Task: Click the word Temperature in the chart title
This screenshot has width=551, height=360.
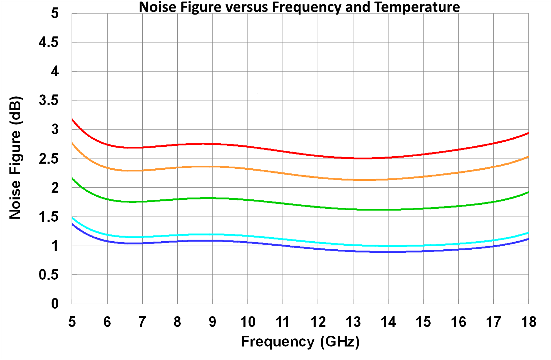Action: tap(417, 7)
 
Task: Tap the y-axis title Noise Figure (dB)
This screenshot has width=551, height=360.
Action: tap(16, 158)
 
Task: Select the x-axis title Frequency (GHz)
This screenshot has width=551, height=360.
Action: tap(300, 341)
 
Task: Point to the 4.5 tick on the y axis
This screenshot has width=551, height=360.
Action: tap(48, 43)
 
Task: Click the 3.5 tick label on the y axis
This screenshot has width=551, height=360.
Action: tap(48, 100)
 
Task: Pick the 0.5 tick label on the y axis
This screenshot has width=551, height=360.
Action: tap(48, 275)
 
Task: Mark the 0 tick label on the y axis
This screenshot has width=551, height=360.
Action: tap(55, 304)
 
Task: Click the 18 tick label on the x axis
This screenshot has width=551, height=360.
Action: tap(528, 322)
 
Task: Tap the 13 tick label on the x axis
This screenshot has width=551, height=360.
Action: tap(353, 322)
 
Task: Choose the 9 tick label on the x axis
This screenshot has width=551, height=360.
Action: tap(212, 322)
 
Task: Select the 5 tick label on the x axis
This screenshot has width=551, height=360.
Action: tap(72, 322)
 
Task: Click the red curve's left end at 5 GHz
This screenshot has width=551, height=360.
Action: tap(72, 119)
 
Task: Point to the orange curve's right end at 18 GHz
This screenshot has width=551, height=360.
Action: tap(528, 157)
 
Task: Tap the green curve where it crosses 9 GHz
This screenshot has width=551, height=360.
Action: tap(212, 198)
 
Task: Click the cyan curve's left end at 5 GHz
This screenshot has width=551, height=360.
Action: tap(72, 218)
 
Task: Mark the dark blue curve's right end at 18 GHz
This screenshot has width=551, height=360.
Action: tap(528, 239)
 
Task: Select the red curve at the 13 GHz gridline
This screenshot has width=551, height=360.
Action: tap(353, 158)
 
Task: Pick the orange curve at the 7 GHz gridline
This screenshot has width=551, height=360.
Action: tap(142, 170)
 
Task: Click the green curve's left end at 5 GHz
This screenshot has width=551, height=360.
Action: tap(72, 178)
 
